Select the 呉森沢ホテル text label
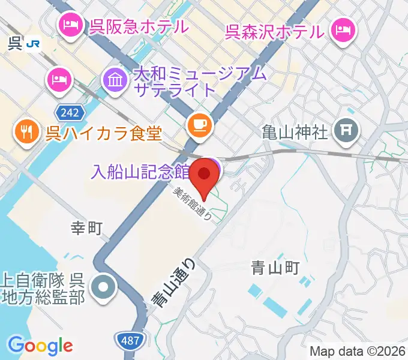[x=275, y=30]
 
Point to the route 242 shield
[x=67, y=112]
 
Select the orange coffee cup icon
[x=199, y=125]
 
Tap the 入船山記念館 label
[x=140, y=172]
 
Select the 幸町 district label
[x=88, y=227]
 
